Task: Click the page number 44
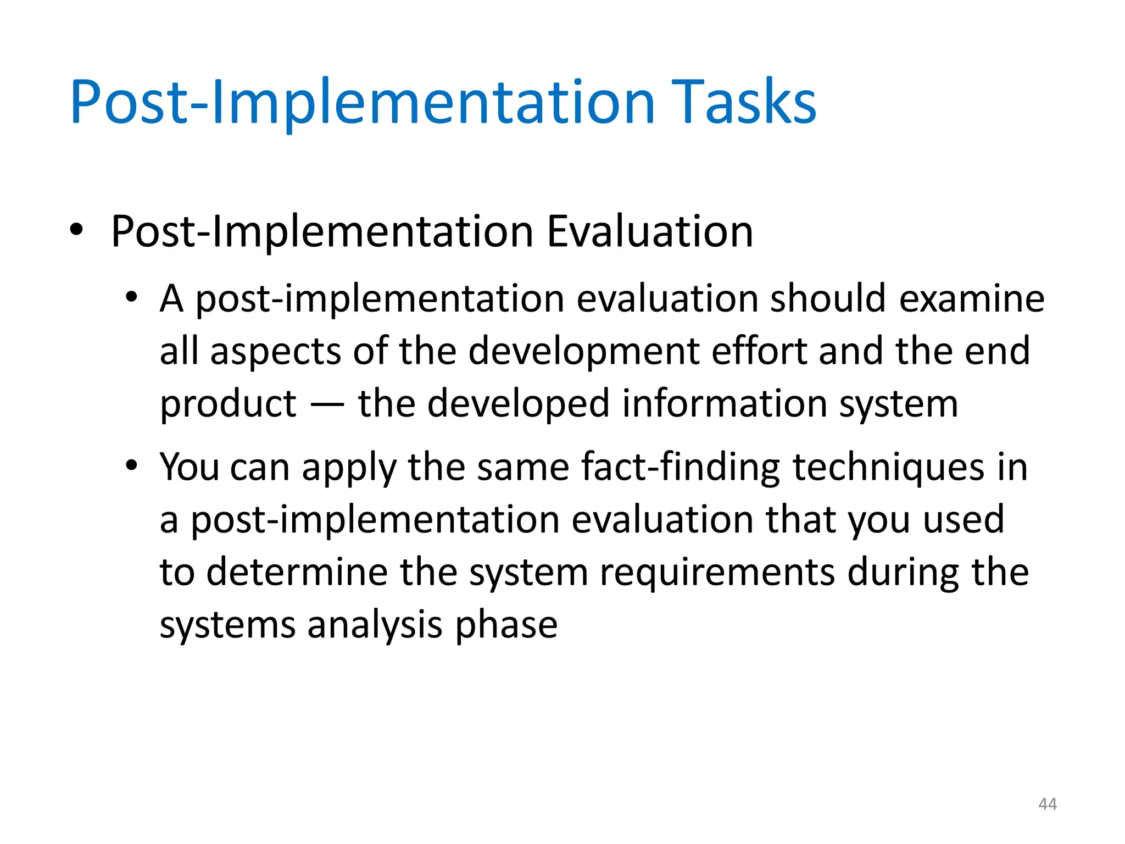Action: coord(1048,804)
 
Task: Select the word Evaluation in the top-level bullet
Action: coord(649,232)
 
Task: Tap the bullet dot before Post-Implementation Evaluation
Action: coord(76,230)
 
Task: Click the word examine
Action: coord(972,299)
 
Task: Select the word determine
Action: coord(297,573)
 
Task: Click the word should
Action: coord(828,299)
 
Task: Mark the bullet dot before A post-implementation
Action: coord(131,298)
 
